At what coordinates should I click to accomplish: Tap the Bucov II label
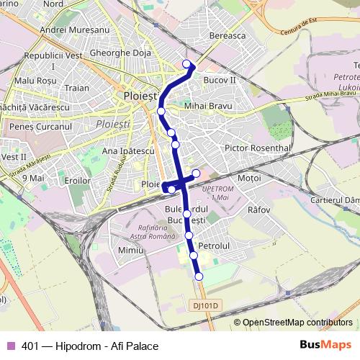click(220, 80)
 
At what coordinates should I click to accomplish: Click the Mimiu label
click(131, 250)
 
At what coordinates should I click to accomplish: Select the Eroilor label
click(77, 181)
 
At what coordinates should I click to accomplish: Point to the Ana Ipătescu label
click(128, 151)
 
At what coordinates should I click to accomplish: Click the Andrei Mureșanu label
click(74, 30)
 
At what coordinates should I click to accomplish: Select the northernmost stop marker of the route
click(188, 65)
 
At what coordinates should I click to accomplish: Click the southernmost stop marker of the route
click(199, 276)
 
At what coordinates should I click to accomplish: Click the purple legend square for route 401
click(10, 346)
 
